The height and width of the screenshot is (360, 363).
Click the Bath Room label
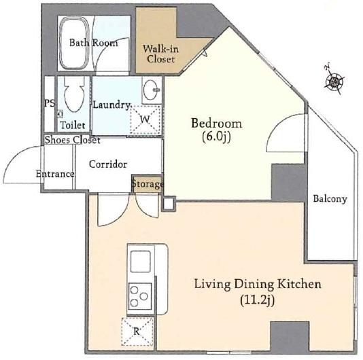[x=93, y=43]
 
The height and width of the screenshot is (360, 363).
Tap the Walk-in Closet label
[x=160, y=54]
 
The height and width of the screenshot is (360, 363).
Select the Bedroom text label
[x=216, y=124]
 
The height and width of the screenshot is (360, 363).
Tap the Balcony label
[x=330, y=199]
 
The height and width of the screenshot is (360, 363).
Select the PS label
[x=49, y=104]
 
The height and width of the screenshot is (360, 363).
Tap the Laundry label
[x=111, y=105]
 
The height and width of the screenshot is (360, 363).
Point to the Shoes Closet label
[x=72, y=140]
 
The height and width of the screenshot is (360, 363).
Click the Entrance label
[x=54, y=174]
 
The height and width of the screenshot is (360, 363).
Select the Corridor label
[x=108, y=164]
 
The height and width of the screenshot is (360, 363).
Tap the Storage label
[x=148, y=184]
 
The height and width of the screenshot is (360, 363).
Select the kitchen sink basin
[x=141, y=262]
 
